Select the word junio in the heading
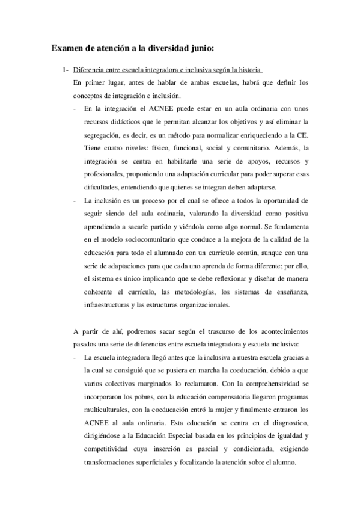pos(200,46)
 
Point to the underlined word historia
pos(247,70)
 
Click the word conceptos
pos(88,95)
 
